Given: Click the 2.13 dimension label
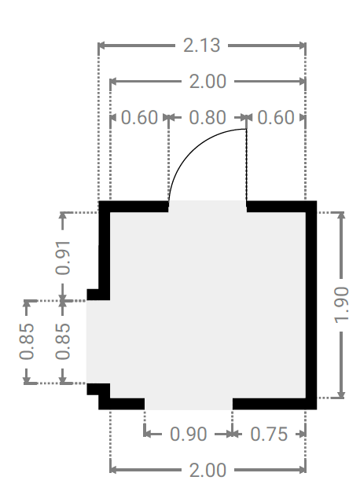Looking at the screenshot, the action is point(201,46).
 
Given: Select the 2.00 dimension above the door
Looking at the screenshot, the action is point(208,82).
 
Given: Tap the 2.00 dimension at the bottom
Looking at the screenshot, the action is point(208,470).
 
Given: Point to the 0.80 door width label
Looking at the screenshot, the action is point(208,118).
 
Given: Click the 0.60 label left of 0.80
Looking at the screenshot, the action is point(139,118).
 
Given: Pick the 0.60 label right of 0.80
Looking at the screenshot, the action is point(276,118).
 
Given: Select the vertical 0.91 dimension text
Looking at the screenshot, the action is point(63,258).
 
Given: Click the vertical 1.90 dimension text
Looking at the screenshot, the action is point(341,305).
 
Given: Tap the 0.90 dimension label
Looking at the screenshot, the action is point(189,434).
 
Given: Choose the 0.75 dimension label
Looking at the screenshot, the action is point(269,434).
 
